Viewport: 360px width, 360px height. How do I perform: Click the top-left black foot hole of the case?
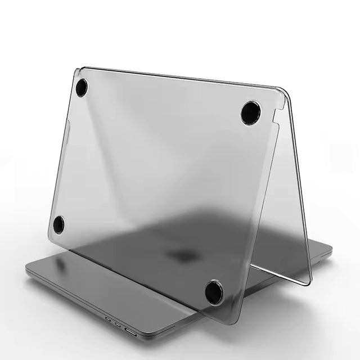click(82, 87)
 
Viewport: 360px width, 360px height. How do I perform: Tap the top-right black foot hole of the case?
click(251, 113)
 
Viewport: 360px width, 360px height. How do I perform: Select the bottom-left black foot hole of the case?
click(58, 224)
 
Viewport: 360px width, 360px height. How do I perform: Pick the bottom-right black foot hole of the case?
click(214, 292)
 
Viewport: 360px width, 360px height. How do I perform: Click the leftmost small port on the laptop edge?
click(107, 318)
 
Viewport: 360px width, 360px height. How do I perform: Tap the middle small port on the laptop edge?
click(117, 323)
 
